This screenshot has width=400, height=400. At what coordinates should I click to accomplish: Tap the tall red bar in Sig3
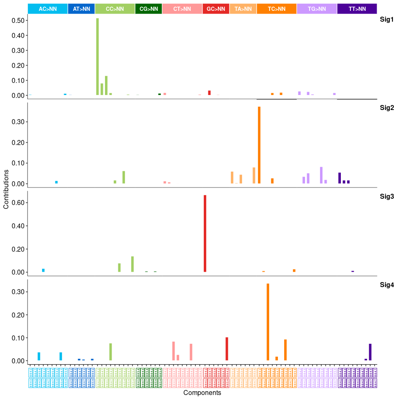coord(205,233)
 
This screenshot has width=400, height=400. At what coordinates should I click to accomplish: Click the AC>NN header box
coord(47,9)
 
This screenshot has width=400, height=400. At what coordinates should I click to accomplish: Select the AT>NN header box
coord(81,9)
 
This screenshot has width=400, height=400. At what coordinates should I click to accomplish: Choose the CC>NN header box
coord(115,9)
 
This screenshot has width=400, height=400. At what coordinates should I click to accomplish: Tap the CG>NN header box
coord(149,9)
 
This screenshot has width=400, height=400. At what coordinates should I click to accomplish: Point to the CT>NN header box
coord(182,9)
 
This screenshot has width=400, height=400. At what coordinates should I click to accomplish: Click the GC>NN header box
coord(216,9)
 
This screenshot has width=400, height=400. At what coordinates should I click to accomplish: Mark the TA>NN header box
coord(243,9)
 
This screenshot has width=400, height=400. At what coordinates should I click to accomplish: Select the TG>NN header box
coord(317,9)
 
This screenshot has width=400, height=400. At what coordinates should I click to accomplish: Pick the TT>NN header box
coord(357,9)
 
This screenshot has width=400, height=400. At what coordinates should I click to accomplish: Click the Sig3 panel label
coord(387,196)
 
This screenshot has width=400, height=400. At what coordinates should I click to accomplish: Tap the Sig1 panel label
coord(387,20)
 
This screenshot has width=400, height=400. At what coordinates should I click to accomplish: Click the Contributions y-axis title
coord(6,189)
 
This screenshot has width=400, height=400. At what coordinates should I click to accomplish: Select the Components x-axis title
coord(202,393)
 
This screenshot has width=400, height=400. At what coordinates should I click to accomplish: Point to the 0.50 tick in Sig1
coord(18,20)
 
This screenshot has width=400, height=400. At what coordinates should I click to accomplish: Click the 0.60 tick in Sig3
coord(18,202)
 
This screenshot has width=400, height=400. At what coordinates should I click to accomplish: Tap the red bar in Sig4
coord(227,349)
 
